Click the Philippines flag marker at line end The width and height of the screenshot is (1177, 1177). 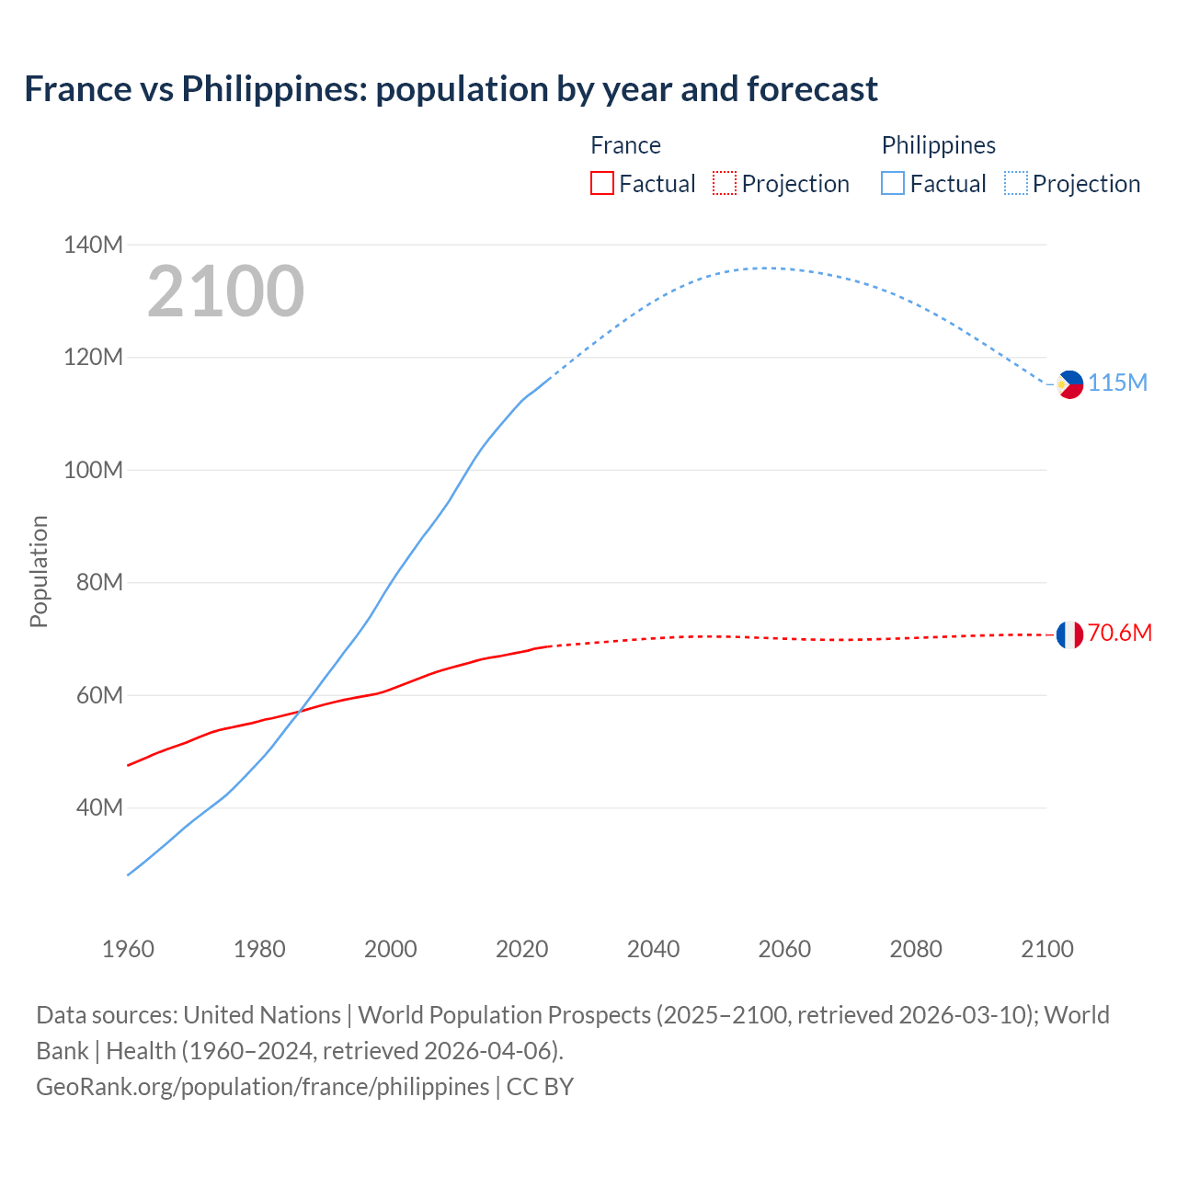pos(1070,384)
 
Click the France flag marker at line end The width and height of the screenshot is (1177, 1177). pos(1069,634)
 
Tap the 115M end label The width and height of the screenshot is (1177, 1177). pos(1118,383)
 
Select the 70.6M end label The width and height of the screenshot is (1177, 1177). pos(1120,633)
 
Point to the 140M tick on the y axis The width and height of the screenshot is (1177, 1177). pos(93,245)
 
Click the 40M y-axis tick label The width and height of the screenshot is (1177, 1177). pos(99,807)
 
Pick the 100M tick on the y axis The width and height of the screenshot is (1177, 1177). pos(93,470)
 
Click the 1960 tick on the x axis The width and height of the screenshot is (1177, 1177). pos(128,949)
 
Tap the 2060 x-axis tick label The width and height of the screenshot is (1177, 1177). pos(784,949)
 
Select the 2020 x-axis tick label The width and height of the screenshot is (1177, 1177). pos(521,949)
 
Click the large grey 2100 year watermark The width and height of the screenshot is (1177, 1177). pos(225,291)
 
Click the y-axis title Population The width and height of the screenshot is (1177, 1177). pos(39,571)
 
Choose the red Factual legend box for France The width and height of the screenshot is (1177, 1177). pos(602,183)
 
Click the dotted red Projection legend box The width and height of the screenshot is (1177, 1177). pos(725,183)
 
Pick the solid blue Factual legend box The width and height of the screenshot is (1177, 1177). pos(893,183)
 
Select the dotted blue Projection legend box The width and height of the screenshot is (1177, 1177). pos(1016,183)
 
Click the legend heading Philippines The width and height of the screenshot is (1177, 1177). pos(938,145)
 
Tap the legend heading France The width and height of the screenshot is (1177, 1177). pos(625,145)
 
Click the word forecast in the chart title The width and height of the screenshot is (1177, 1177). pos(812,89)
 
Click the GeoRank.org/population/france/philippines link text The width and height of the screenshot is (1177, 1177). pos(263,1087)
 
